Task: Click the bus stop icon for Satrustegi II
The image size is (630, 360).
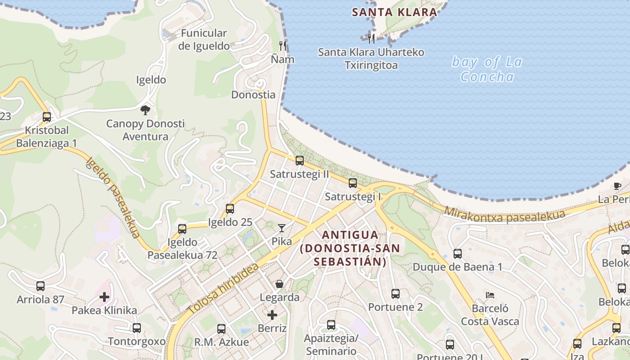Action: coord(299,160)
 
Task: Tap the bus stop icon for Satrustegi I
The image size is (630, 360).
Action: coord(353,183)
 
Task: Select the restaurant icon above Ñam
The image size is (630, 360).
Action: coord(283,45)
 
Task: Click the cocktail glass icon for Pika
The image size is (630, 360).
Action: coord(282,228)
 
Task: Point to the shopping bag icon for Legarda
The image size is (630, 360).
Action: coord(279,284)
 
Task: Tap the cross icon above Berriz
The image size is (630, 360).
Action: coord(272,315)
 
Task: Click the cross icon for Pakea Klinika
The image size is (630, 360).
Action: coord(104,297)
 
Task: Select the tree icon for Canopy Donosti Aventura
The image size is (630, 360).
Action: coord(145,110)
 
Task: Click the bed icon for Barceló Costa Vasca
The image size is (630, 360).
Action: coord(490,295)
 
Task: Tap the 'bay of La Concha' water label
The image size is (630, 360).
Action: coord(487,69)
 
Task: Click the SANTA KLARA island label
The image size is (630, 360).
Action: coord(395,12)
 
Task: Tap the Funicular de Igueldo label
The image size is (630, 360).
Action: coord(204,39)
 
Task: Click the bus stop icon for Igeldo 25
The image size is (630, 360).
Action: coord(230,209)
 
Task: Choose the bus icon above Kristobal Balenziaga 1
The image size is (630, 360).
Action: coord(47,117)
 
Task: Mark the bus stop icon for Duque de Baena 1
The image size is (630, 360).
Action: coord(458,254)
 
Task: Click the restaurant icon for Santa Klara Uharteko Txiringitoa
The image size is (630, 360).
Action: coord(371,39)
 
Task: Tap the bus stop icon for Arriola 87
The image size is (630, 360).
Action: coord(40,286)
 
